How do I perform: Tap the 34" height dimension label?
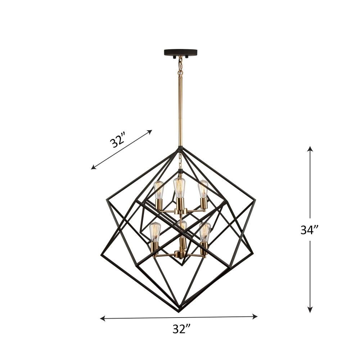click(309, 230)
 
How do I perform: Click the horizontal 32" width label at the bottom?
click(181, 329)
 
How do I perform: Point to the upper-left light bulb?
click(159, 190)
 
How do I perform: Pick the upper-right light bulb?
click(203, 189)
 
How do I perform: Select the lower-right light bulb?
click(205, 232)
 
